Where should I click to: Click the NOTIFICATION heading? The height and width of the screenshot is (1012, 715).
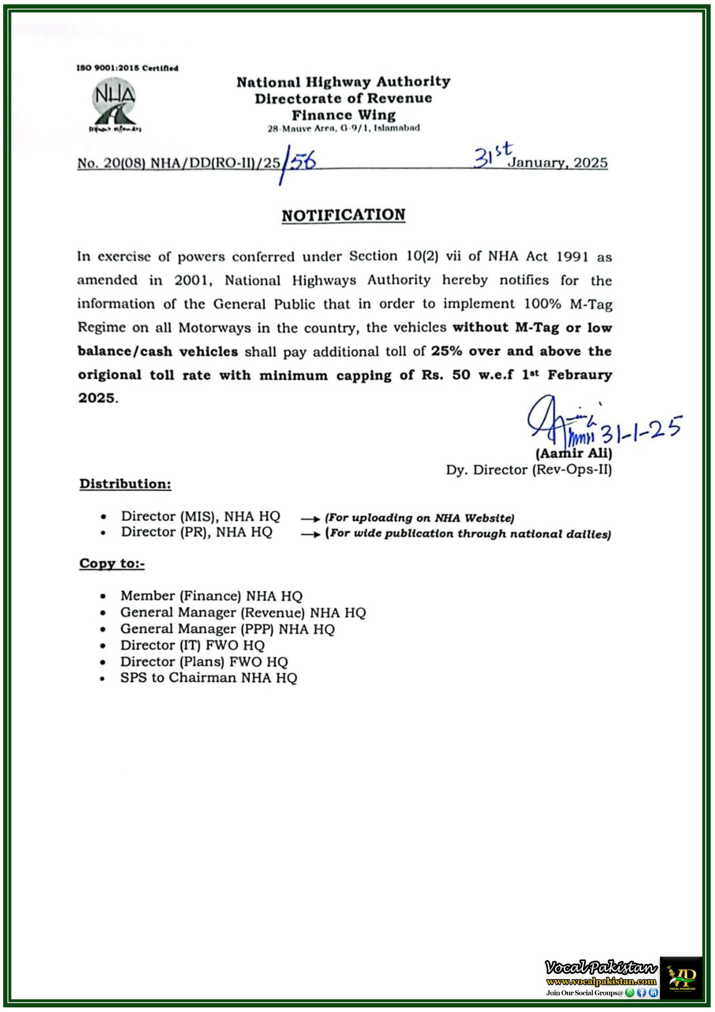(x=343, y=215)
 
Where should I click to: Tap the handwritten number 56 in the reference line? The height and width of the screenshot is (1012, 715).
(x=303, y=162)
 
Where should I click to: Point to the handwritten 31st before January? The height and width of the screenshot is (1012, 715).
(x=493, y=155)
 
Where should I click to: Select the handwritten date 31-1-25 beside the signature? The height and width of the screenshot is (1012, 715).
(x=641, y=429)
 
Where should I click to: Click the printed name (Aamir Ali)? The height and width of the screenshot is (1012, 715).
(x=574, y=453)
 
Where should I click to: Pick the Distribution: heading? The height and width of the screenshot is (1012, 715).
(x=125, y=483)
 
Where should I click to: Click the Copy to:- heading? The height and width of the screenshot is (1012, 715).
(x=112, y=563)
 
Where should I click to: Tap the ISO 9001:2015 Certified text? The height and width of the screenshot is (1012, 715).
(x=127, y=68)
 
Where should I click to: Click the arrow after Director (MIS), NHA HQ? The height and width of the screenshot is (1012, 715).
(x=310, y=519)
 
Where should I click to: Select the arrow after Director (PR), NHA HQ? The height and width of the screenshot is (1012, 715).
(x=310, y=534)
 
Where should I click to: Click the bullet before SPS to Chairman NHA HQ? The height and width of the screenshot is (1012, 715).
(x=103, y=679)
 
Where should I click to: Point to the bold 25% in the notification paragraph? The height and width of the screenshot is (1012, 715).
(x=446, y=351)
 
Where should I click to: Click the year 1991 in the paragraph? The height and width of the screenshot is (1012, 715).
(x=572, y=257)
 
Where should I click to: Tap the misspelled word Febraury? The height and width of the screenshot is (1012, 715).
(x=580, y=375)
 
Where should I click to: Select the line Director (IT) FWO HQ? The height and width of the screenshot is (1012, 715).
(x=192, y=645)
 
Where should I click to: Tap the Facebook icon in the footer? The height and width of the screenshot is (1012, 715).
(x=642, y=992)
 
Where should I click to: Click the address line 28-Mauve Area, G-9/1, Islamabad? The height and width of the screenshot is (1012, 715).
(x=344, y=128)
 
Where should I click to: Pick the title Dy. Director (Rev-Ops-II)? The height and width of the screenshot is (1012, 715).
(x=529, y=470)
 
